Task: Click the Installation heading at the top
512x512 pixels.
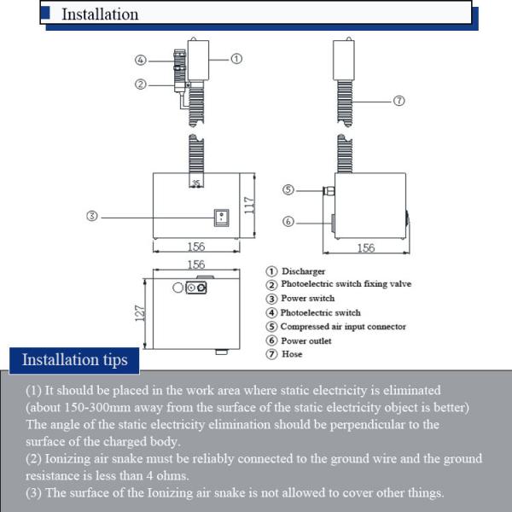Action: click(100, 14)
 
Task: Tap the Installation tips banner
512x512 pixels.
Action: click(74, 359)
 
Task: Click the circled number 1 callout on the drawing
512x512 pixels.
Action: click(236, 59)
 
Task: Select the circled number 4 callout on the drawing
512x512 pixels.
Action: click(142, 60)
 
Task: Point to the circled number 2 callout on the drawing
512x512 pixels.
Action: click(142, 84)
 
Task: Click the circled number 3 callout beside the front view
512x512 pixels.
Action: click(92, 216)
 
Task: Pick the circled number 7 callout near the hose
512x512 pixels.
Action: click(399, 101)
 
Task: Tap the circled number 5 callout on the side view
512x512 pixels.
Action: click(288, 189)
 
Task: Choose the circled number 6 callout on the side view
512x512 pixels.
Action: click(288, 221)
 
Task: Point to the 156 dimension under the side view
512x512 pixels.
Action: click(365, 247)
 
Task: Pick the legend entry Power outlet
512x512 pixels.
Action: click(305, 340)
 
